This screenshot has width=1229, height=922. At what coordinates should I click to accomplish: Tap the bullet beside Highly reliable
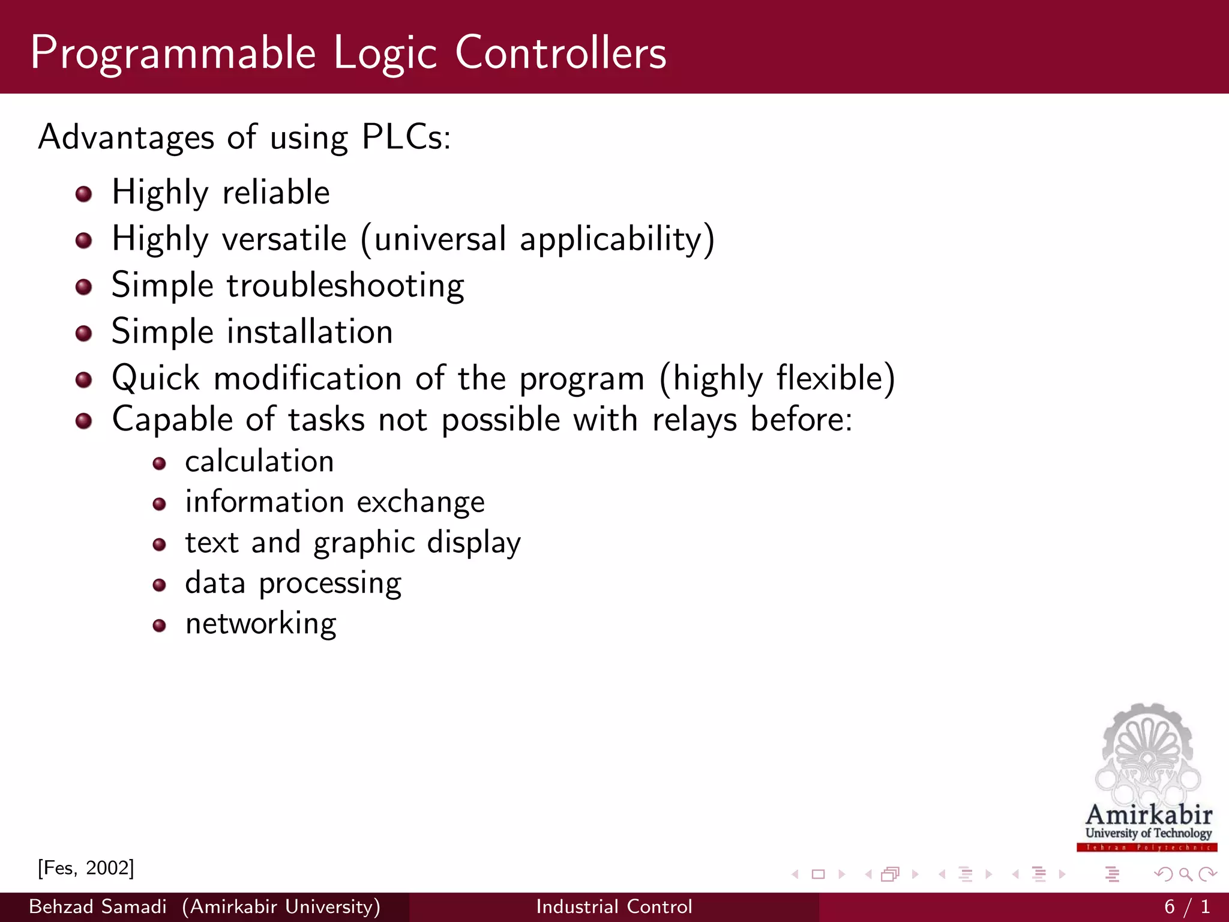(x=83, y=194)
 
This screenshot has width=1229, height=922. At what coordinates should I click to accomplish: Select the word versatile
(x=284, y=239)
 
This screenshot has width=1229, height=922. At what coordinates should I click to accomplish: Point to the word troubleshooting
(x=345, y=285)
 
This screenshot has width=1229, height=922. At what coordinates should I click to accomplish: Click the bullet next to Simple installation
(x=83, y=333)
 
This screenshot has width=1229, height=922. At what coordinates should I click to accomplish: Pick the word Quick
(x=155, y=379)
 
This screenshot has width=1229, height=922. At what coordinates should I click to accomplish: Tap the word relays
(x=694, y=419)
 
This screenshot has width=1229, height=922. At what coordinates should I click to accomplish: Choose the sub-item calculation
(x=259, y=462)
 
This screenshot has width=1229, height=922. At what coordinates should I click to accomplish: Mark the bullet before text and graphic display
(x=159, y=545)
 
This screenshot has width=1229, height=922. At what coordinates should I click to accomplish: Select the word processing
(x=329, y=583)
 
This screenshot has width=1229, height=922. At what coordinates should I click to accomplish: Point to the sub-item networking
(x=260, y=624)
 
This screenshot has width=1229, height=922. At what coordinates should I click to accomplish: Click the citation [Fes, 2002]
(x=86, y=868)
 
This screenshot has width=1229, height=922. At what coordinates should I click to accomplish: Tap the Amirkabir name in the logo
(x=1149, y=815)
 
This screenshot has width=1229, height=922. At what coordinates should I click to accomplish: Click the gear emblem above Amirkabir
(x=1147, y=750)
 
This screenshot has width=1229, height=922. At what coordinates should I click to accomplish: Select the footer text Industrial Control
(x=614, y=906)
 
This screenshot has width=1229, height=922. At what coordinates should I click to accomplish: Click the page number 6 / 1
(x=1186, y=906)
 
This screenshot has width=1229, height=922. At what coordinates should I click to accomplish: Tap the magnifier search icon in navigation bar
(x=1185, y=875)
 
